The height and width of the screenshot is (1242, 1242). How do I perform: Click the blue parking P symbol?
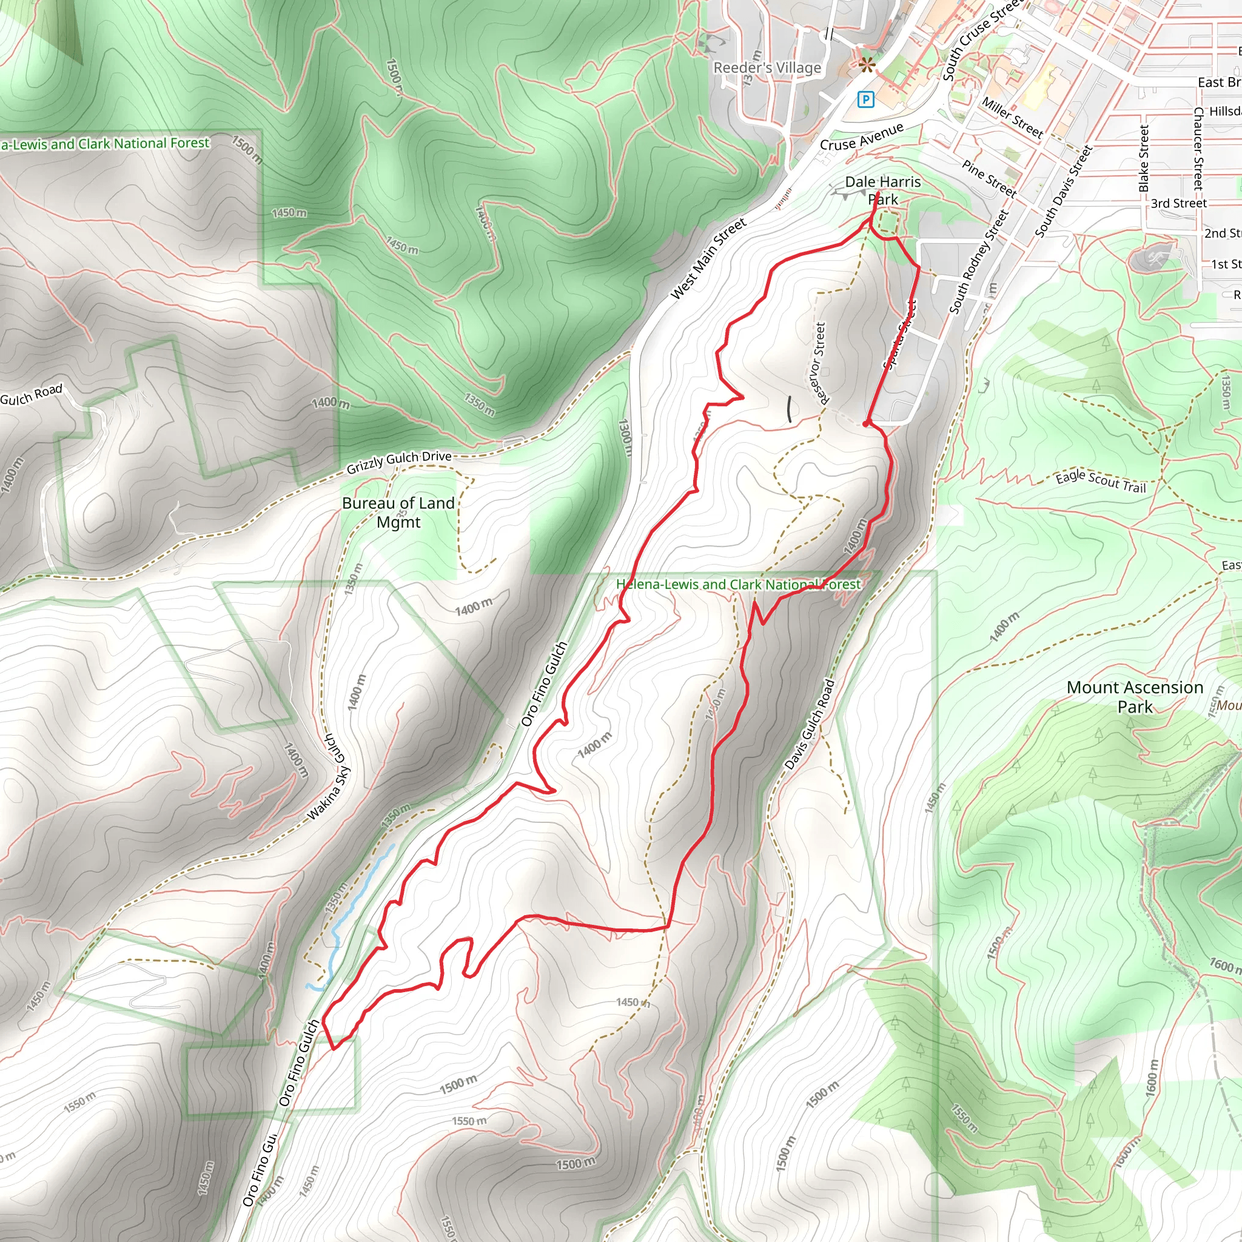866,99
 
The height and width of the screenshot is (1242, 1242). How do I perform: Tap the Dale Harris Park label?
882,190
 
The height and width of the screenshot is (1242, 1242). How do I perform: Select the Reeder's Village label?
767,68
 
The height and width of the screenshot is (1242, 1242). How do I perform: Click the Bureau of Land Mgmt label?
398,512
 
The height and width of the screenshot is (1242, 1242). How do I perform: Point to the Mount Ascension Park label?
1135,697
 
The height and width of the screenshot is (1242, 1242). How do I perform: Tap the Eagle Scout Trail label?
1101,481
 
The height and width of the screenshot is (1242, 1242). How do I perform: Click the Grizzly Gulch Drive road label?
398,461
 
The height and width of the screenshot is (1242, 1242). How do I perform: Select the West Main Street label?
708,258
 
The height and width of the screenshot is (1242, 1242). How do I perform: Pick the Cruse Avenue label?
861,137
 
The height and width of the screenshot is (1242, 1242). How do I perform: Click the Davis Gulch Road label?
810,725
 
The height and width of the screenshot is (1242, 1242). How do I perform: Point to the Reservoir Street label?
819,363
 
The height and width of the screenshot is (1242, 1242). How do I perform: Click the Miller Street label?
1012,118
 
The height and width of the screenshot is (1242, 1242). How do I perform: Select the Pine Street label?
989,178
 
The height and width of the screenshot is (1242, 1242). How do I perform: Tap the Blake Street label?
1143,159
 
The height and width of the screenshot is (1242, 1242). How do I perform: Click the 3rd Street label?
1178,203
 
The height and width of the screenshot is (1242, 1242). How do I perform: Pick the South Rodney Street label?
978,262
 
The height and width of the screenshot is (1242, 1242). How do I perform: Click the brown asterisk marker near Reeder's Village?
866,64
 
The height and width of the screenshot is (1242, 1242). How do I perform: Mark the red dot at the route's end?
867,424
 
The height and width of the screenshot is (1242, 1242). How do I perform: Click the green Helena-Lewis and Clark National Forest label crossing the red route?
737,585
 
